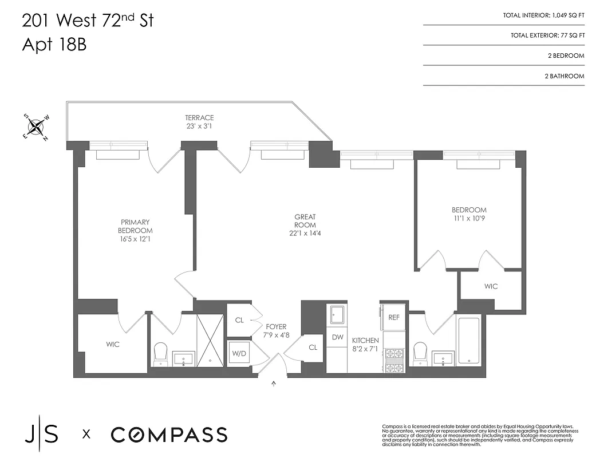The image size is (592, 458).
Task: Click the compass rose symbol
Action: [x=36, y=127]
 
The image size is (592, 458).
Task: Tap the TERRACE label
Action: [x=199, y=118]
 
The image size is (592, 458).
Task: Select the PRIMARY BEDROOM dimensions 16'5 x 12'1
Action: [x=135, y=239]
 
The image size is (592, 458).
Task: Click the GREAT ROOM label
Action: [x=305, y=217]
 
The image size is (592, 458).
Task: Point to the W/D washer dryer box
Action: [x=239, y=353]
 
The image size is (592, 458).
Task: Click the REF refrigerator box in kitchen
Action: [x=394, y=317]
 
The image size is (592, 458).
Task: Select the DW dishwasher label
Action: [x=337, y=337]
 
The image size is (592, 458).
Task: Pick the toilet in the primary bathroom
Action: [x=160, y=352]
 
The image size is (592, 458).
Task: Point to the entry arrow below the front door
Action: [x=273, y=384]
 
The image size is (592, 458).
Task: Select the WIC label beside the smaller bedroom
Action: [x=491, y=286]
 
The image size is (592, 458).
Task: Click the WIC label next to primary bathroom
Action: [x=113, y=345]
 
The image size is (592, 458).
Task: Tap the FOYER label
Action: [x=276, y=327]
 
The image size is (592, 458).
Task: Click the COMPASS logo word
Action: [x=169, y=435]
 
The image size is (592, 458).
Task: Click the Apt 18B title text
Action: [x=54, y=45]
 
